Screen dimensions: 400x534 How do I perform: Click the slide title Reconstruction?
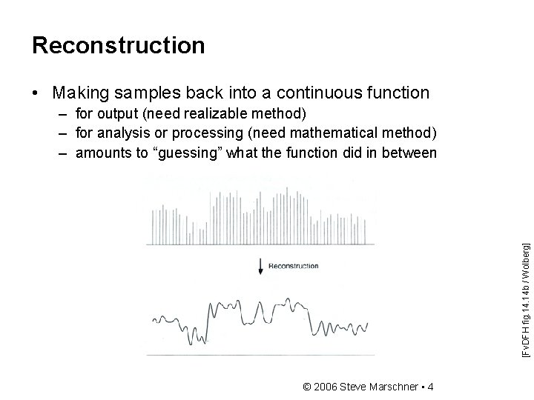(x=118, y=46)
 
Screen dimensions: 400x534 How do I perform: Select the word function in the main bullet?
(x=392, y=93)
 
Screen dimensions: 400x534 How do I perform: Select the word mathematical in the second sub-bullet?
(x=329, y=133)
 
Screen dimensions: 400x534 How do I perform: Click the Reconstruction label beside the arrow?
(x=293, y=266)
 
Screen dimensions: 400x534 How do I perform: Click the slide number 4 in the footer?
(x=432, y=387)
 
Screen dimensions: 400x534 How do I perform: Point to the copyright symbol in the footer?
(x=308, y=387)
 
